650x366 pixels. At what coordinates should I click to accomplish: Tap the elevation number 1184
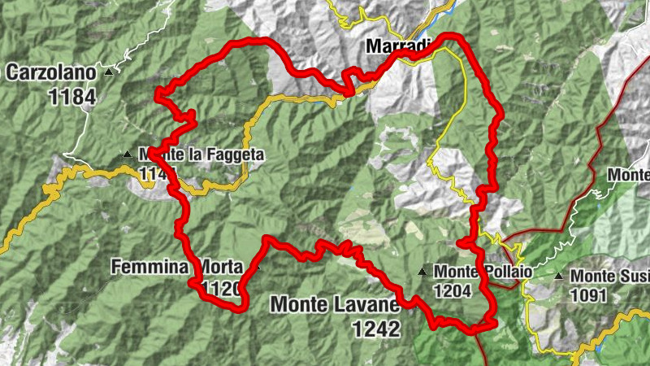(x=71, y=97)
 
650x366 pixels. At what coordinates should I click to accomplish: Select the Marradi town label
(x=396, y=46)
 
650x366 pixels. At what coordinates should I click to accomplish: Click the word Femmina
(x=150, y=267)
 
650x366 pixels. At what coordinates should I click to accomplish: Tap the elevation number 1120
(x=223, y=288)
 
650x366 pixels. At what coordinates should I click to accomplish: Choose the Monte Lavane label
(x=334, y=305)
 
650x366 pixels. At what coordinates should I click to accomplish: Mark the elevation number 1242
(x=376, y=329)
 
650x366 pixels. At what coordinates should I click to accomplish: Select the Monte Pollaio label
(x=483, y=272)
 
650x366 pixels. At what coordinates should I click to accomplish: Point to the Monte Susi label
(x=609, y=277)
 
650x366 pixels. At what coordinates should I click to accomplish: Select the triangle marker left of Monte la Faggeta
(x=127, y=154)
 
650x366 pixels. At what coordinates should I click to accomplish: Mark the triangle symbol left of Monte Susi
(x=559, y=277)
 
